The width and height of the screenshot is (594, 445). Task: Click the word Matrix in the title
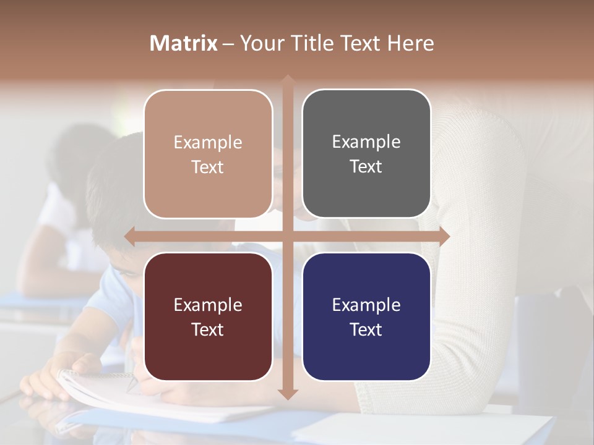[x=184, y=43]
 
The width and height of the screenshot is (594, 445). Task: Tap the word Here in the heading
[x=410, y=43]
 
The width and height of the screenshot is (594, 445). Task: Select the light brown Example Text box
[x=208, y=154]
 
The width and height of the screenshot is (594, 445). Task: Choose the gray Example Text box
[x=366, y=154]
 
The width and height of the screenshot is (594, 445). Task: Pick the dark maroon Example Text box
[x=208, y=316]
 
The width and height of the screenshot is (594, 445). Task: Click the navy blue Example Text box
[x=366, y=316]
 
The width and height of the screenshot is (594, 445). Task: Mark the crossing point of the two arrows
[x=287, y=235]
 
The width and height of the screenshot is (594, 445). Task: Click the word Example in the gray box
[x=366, y=142]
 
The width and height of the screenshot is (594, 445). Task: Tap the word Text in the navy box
[x=366, y=329]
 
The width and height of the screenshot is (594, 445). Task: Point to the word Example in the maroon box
[x=208, y=305]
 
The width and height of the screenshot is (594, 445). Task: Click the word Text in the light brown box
[x=208, y=167]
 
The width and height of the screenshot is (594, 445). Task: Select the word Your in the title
[x=260, y=43]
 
